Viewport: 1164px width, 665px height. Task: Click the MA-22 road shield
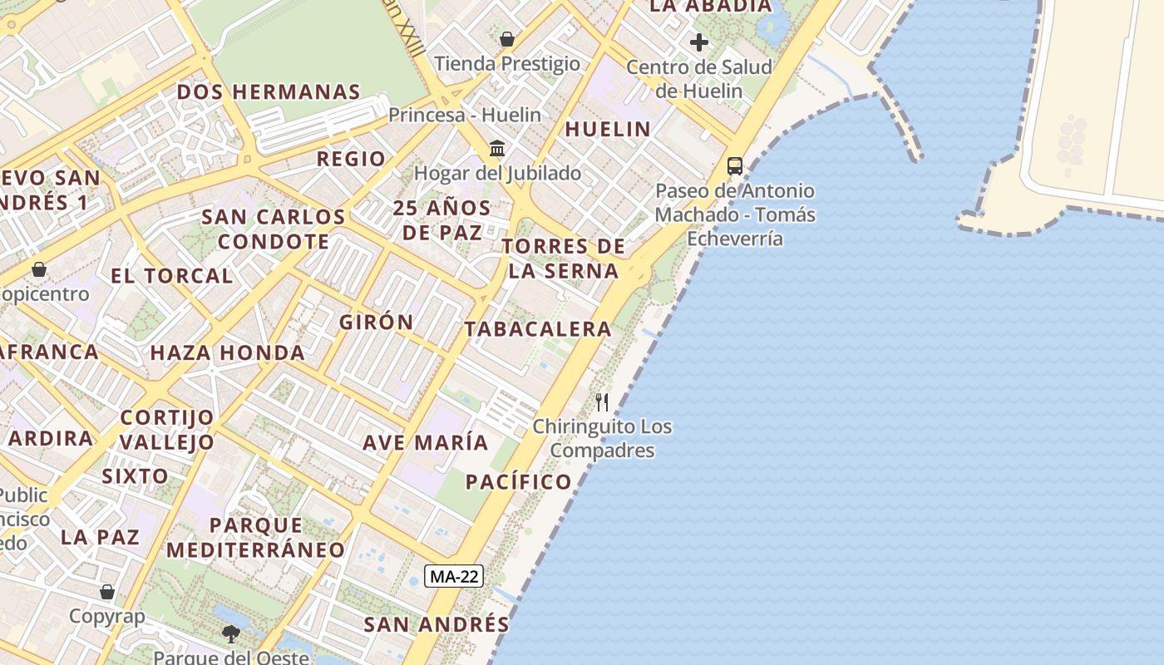click(454, 576)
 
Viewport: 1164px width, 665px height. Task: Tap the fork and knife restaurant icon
click(602, 402)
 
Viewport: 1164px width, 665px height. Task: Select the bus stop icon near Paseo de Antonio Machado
click(735, 165)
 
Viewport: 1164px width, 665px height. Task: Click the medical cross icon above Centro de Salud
click(699, 42)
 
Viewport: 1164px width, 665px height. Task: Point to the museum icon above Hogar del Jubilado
click(497, 148)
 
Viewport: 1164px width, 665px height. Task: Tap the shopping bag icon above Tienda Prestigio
click(507, 39)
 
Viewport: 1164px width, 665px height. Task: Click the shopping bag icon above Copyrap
click(107, 592)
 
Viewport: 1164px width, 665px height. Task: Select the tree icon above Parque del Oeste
click(231, 634)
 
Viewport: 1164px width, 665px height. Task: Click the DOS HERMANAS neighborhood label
click(269, 92)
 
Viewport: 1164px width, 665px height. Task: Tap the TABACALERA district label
click(538, 329)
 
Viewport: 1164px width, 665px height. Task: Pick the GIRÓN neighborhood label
click(376, 322)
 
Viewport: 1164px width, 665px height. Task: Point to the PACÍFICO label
click(519, 482)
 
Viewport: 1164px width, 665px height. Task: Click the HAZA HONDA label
click(227, 352)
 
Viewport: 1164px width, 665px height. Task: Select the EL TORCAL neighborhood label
click(171, 276)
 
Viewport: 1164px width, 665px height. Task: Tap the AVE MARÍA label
click(425, 442)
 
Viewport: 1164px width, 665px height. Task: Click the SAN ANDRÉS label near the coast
click(436, 624)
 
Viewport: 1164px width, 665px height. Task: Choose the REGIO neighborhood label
click(351, 159)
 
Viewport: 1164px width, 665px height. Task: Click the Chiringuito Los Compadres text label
click(602, 439)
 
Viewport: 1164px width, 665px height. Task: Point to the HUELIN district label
click(608, 129)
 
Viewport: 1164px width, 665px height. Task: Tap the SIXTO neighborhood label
click(135, 476)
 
